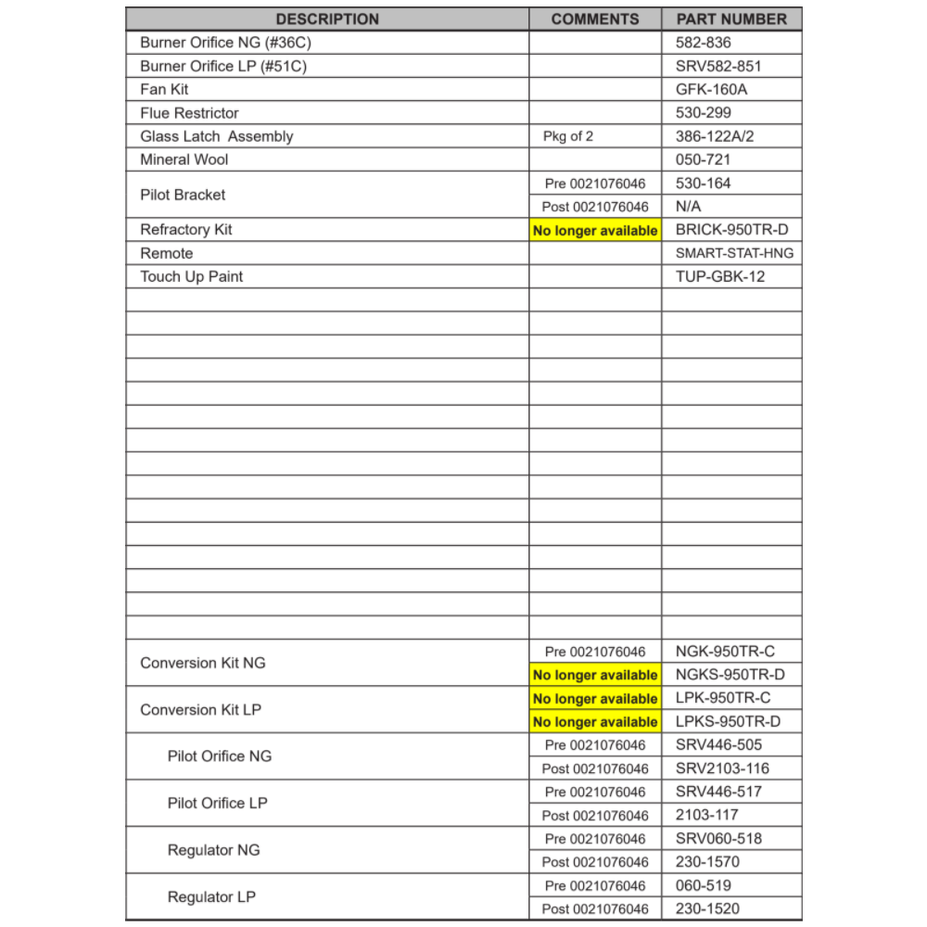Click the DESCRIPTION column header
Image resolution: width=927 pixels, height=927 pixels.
tap(327, 19)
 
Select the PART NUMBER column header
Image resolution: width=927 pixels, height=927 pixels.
tap(731, 19)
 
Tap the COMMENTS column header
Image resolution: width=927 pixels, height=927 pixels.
tap(595, 19)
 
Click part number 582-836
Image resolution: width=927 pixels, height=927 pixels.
tap(704, 43)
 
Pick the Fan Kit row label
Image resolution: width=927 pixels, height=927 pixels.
tap(165, 90)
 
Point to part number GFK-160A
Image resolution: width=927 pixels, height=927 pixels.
tap(712, 90)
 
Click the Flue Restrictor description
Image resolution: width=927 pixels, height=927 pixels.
tap(189, 113)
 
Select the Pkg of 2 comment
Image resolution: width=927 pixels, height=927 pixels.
tap(568, 136)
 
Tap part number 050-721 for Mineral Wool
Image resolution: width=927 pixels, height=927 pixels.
tap(704, 159)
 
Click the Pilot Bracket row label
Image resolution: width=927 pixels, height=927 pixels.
tap(183, 195)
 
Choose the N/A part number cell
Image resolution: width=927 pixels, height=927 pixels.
tap(689, 207)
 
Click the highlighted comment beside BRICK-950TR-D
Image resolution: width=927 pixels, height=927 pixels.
tap(595, 231)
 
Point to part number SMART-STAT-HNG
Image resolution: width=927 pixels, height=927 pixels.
tap(734, 253)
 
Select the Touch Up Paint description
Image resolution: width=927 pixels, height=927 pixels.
tap(192, 276)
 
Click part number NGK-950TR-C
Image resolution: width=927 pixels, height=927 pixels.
tap(725, 652)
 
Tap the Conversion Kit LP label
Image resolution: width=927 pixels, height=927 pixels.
tap(201, 710)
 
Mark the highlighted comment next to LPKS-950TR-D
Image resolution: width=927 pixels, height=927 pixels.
tap(595, 722)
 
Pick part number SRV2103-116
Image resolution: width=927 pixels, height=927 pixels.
tap(722, 768)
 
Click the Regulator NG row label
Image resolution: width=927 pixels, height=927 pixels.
tap(213, 850)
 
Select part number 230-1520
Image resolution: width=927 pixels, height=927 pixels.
tap(707, 908)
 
